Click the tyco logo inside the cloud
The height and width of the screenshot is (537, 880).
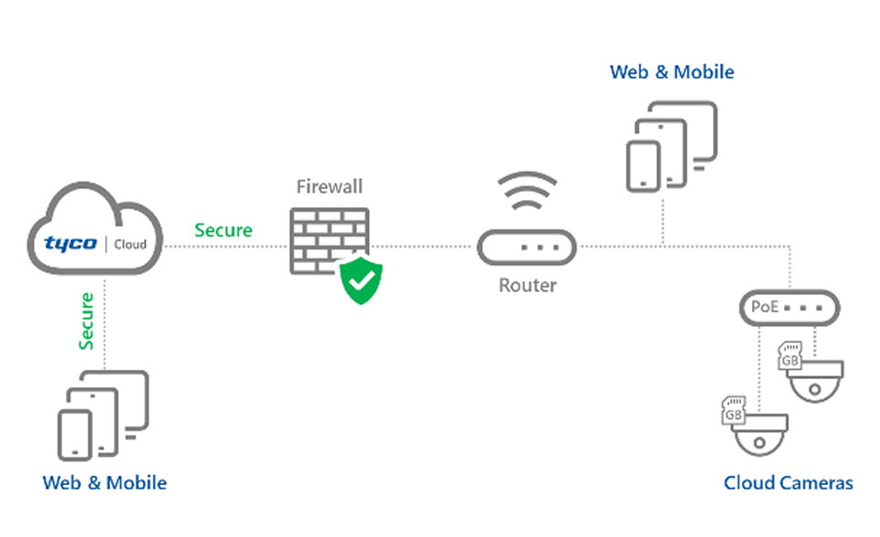(x=71, y=244)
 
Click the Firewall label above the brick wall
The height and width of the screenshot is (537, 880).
(x=330, y=187)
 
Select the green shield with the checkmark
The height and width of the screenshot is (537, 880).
(x=361, y=279)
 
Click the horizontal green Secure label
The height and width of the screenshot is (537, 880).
(x=223, y=230)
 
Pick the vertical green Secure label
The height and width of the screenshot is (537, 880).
(x=87, y=321)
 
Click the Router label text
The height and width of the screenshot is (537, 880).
(x=527, y=286)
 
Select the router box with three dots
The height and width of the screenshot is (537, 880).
(x=527, y=247)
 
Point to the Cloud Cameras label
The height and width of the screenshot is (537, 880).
(x=788, y=483)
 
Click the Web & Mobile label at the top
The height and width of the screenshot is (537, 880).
(x=672, y=71)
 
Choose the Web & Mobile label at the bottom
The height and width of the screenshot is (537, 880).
(x=105, y=481)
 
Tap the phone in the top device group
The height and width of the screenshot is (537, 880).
(x=644, y=165)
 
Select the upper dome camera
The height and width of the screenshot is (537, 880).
(x=816, y=379)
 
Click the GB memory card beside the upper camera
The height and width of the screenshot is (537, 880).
(x=789, y=357)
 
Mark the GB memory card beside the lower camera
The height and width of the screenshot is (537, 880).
(x=733, y=410)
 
